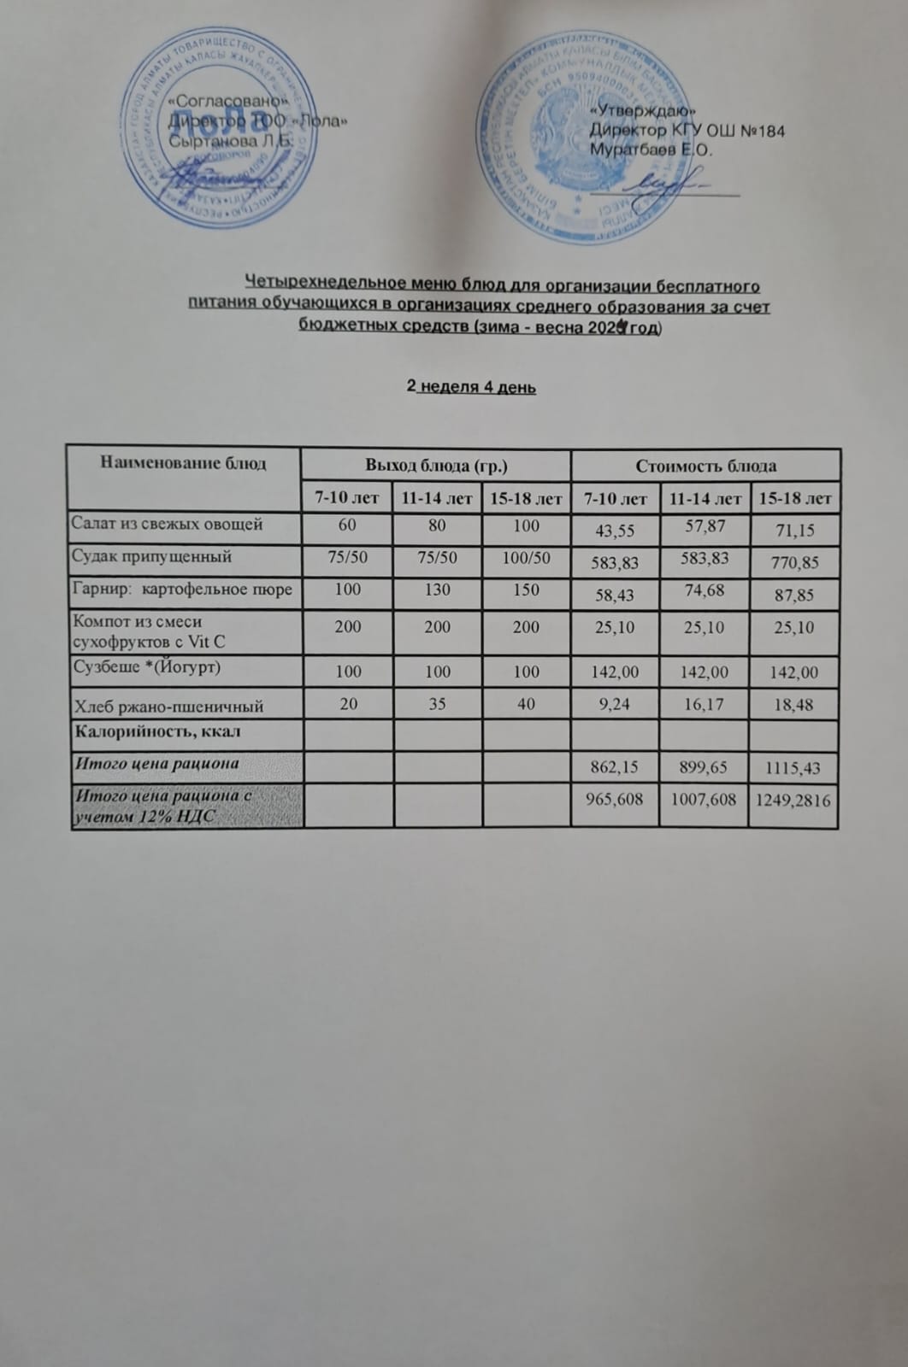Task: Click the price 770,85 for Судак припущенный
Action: [x=794, y=563]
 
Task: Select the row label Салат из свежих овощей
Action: [x=167, y=525]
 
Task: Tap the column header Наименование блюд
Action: [x=183, y=464]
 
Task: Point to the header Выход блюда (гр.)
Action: [x=436, y=466]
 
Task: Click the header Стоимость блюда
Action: [x=705, y=466]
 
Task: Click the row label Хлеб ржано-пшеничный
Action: [x=168, y=707]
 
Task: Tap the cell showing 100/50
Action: [x=526, y=557]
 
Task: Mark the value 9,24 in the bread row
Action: [x=615, y=705]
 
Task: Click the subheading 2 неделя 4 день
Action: [x=471, y=387]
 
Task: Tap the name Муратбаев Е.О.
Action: [x=651, y=150]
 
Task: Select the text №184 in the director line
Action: [x=759, y=131]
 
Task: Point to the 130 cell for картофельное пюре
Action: [x=437, y=590]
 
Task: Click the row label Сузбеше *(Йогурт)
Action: [x=147, y=666]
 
